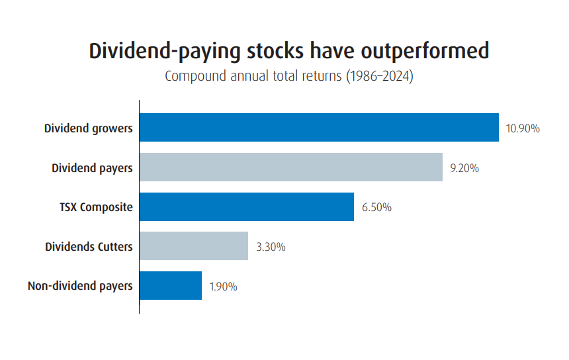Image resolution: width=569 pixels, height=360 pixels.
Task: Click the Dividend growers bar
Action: (x=319, y=128)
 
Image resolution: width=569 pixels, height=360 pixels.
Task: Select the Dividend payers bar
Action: (x=291, y=167)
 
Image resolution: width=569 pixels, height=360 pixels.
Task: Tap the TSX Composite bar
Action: (x=247, y=207)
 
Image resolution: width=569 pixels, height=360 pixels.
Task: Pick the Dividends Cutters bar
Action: (x=194, y=246)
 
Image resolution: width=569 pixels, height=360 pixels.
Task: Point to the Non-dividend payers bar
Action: (x=171, y=286)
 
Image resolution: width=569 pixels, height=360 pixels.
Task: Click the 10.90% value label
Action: (x=523, y=128)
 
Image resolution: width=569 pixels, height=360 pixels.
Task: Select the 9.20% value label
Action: (x=464, y=168)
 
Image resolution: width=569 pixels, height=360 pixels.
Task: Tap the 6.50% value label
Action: (x=376, y=208)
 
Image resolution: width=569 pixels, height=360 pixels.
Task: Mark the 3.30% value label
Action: (x=271, y=247)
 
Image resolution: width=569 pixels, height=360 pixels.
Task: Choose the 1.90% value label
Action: (x=223, y=287)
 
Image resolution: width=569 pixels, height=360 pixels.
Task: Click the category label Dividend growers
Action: (x=89, y=128)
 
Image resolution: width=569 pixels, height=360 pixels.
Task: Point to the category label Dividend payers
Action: (x=92, y=168)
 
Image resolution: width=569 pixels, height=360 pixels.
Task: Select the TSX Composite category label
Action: (x=96, y=208)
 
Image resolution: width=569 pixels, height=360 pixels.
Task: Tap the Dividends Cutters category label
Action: (x=89, y=247)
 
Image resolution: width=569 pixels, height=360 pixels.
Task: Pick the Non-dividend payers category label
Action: (x=80, y=287)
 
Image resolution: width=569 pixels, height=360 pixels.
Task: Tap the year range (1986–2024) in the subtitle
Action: (x=378, y=76)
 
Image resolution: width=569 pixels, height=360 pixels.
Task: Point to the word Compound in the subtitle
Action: (x=195, y=76)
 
